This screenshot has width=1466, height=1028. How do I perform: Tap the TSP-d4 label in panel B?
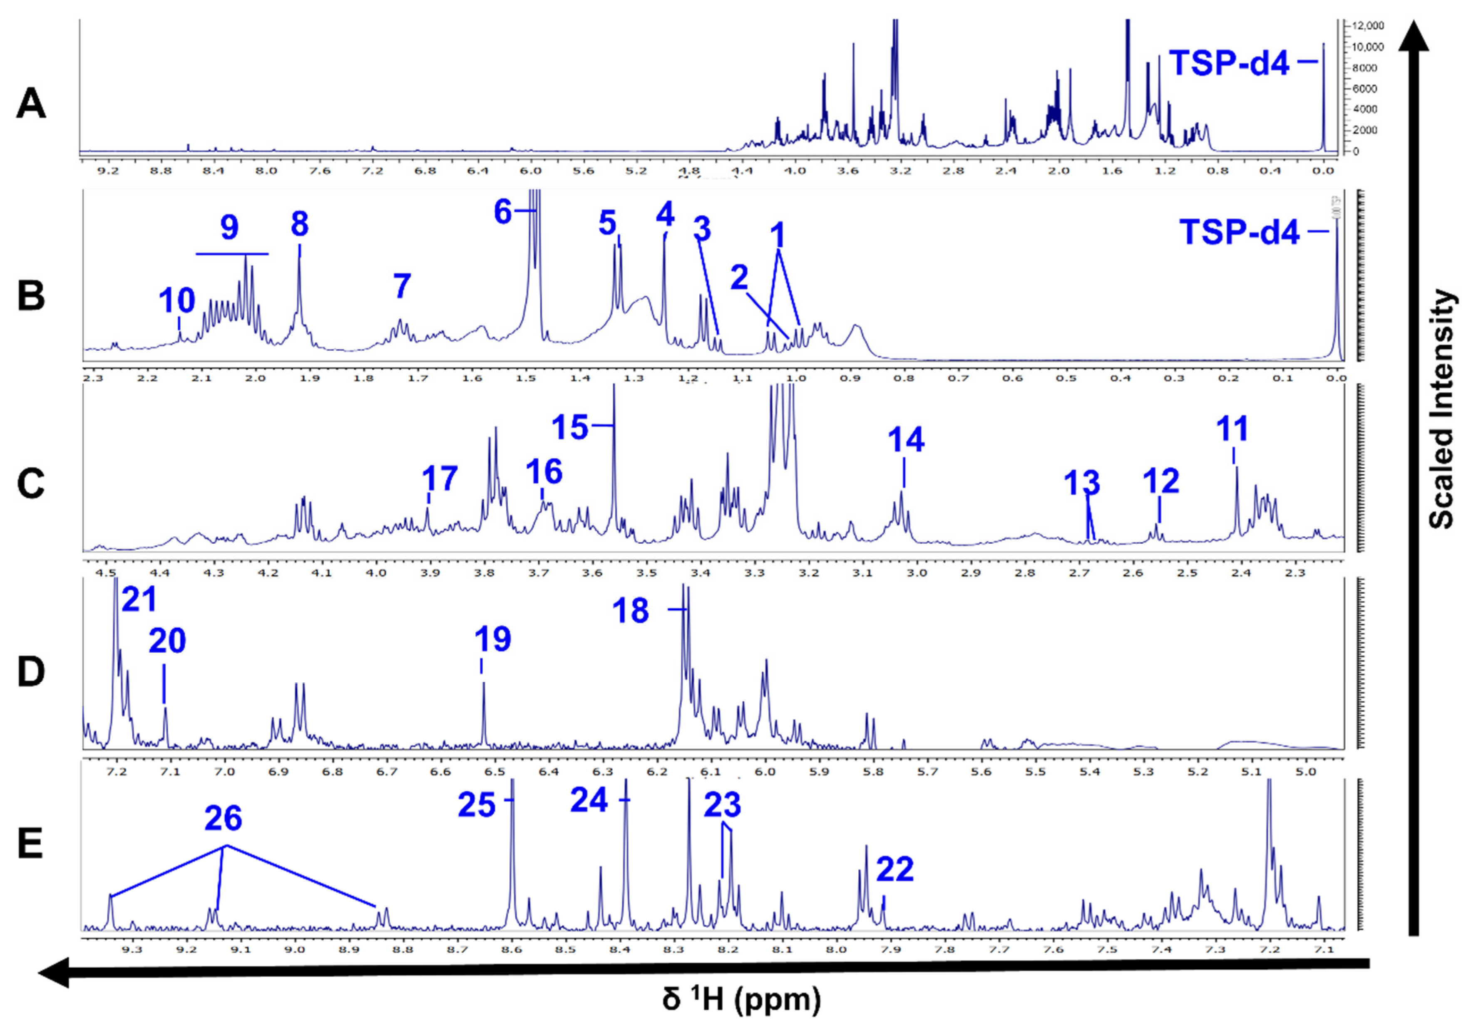point(1239,232)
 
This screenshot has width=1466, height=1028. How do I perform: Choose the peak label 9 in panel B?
point(229,227)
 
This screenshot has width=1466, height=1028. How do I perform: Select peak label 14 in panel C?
point(905,440)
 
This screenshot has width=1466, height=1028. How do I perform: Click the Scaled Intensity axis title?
point(1441,409)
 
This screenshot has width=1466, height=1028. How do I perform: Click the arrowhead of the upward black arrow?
point(1414,35)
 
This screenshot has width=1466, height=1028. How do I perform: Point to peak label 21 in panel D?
point(139,600)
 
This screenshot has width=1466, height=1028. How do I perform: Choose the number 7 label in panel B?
point(401,286)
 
